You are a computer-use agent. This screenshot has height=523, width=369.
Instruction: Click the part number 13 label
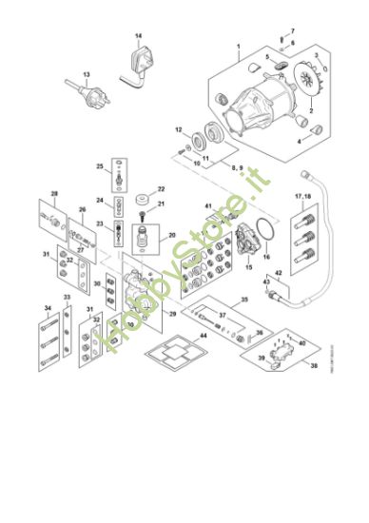pyautogui.click(x=86, y=73)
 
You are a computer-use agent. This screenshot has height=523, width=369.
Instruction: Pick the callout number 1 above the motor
pyautogui.click(x=239, y=47)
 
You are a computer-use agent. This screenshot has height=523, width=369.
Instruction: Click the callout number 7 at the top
pyautogui.click(x=292, y=31)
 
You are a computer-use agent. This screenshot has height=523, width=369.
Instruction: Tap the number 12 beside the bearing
pyautogui.click(x=178, y=128)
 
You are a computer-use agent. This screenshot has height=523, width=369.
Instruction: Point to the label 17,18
pyautogui.click(x=303, y=197)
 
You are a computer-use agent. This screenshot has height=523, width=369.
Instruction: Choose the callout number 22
pyautogui.click(x=162, y=189)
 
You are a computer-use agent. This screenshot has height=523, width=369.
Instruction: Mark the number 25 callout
pyautogui.click(x=99, y=166)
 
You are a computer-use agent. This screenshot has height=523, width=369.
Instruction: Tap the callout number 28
pyautogui.click(x=54, y=195)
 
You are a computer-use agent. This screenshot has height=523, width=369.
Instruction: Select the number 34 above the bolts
pyautogui.click(x=47, y=308)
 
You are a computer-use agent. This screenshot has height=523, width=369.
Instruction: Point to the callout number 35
pyautogui.click(x=243, y=299)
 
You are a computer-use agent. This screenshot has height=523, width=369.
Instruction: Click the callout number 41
pyautogui.click(x=207, y=205)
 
